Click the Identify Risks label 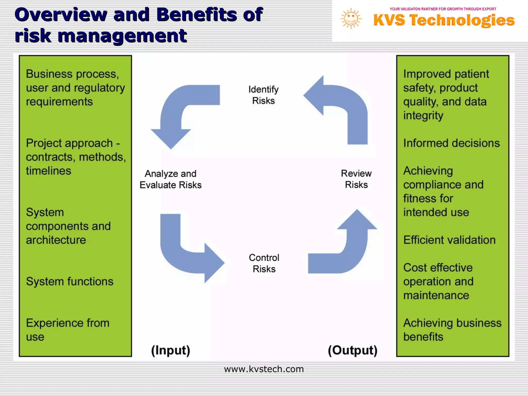pyautogui.click(x=263, y=95)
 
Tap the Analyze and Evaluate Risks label pyautogui.click(x=170, y=179)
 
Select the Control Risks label pyautogui.click(x=264, y=263)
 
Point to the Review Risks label pyautogui.click(x=356, y=179)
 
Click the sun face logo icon pyautogui.click(x=351, y=19)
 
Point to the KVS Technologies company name pyautogui.click(x=444, y=20)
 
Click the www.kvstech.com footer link pyautogui.click(x=264, y=369)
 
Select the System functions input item pyautogui.click(x=70, y=281)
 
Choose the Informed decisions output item pyautogui.click(x=451, y=143)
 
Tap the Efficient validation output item pyautogui.click(x=449, y=240)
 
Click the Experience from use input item pyautogui.click(x=68, y=330)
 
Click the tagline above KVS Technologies pyautogui.click(x=443, y=9)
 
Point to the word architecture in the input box pyautogui.click(x=56, y=240)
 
